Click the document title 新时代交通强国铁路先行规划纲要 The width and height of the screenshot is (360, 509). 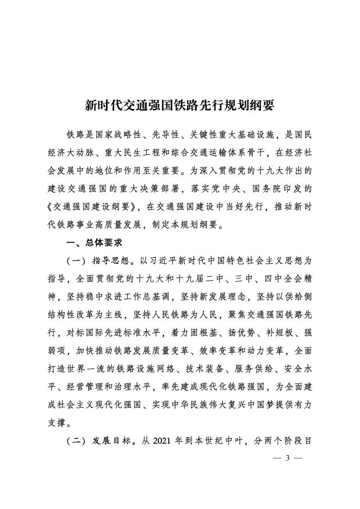point(180,105)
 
